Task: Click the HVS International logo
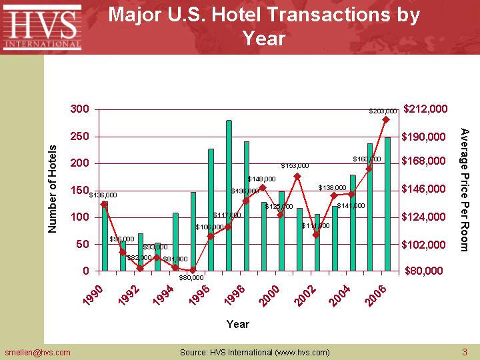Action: tap(42, 27)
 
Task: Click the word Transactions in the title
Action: tap(313, 15)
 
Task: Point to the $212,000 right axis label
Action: tap(426, 109)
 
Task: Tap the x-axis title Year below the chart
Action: tap(237, 324)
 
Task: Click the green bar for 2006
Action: tap(387, 204)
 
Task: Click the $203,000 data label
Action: tap(383, 111)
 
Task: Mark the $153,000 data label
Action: tap(295, 165)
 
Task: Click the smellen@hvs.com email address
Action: tap(37, 352)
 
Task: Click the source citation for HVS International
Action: tap(255, 352)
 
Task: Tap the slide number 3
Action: tap(464, 352)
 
